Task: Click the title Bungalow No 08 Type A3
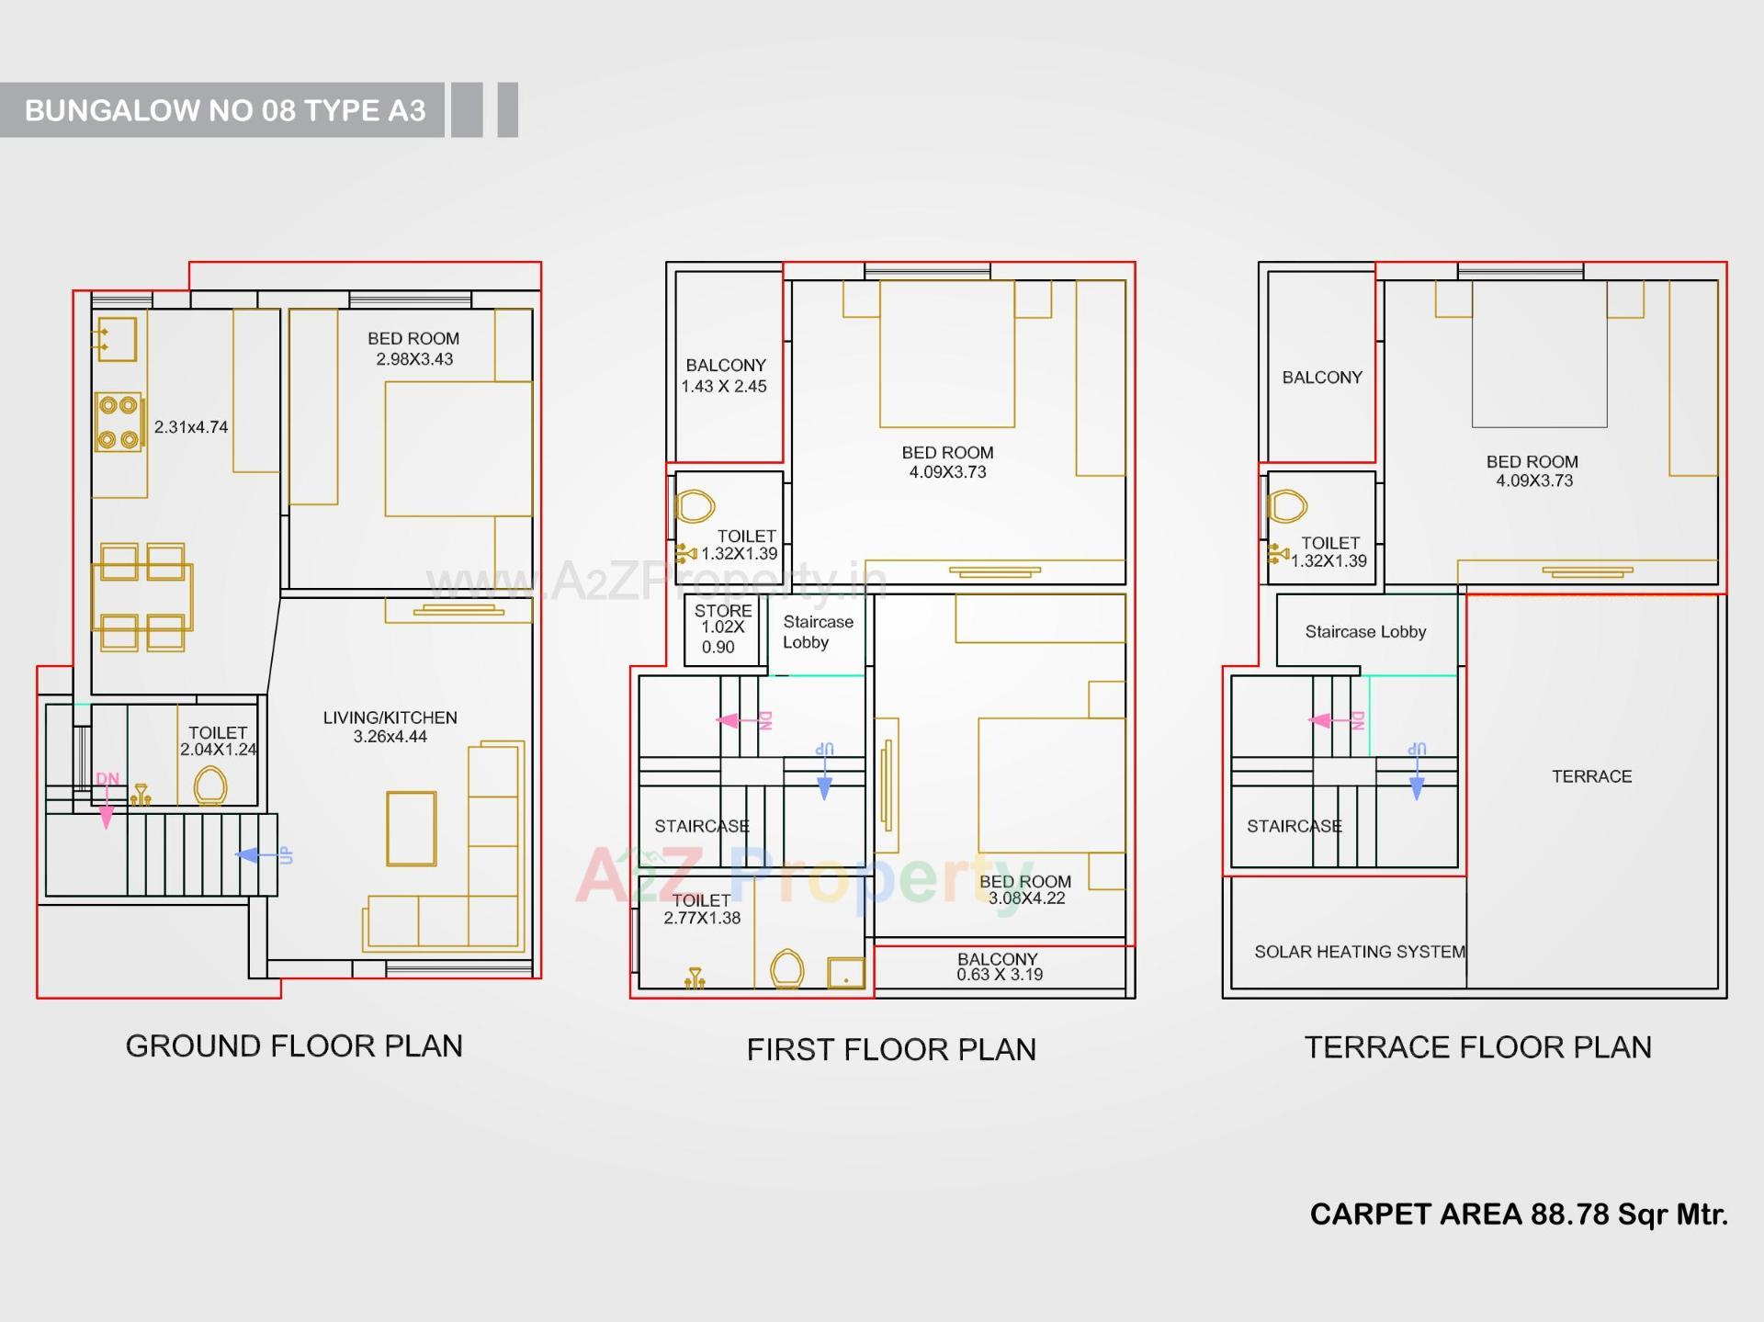pyautogui.click(x=225, y=110)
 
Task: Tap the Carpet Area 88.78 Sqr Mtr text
pyautogui.click(x=1518, y=1214)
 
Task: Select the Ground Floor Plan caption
pyautogui.click(x=294, y=1045)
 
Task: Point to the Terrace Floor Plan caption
pyautogui.click(x=1477, y=1046)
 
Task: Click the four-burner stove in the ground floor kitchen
pyautogui.click(x=119, y=422)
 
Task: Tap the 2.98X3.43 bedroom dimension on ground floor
pyautogui.click(x=414, y=359)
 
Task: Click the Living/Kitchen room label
pyautogui.click(x=390, y=717)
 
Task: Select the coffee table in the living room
pyautogui.click(x=411, y=828)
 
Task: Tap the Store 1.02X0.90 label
pyautogui.click(x=722, y=628)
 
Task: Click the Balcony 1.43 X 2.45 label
pyautogui.click(x=724, y=376)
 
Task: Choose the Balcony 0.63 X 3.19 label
pyautogui.click(x=999, y=966)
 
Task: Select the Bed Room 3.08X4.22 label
pyautogui.click(x=1025, y=889)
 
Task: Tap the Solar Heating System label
pyautogui.click(x=1359, y=952)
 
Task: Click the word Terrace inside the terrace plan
pyautogui.click(x=1591, y=776)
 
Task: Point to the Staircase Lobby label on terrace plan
pyautogui.click(x=1365, y=632)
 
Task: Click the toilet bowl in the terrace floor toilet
pyautogui.click(x=1287, y=505)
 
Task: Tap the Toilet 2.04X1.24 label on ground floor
pyautogui.click(x=218, y=740)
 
